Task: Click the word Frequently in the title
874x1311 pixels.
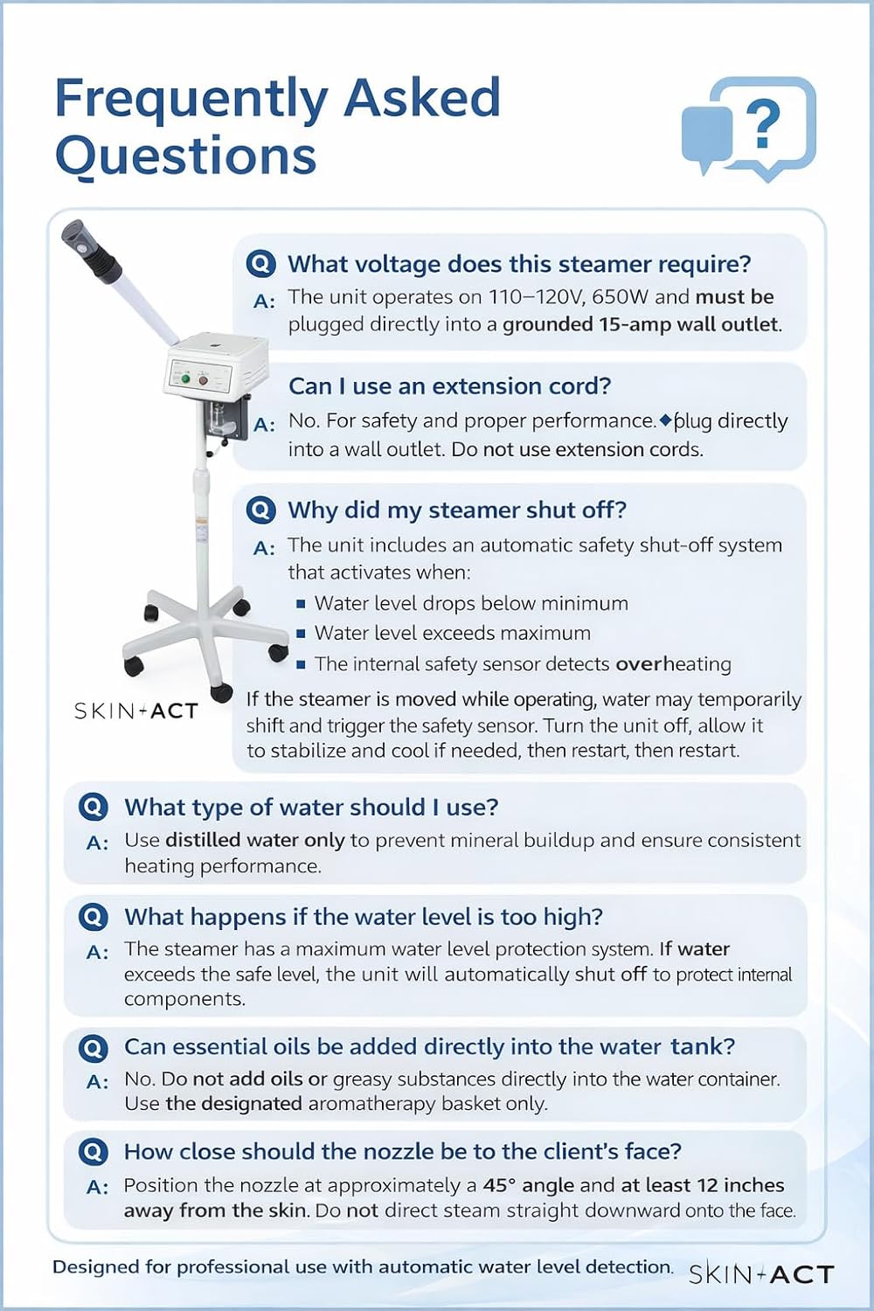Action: (x=191, y=98)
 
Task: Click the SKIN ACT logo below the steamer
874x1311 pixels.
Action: (x=136, y=711)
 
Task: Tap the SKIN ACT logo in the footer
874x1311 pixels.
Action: (x=761, y=1274)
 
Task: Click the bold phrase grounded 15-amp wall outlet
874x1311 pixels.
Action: (x=641, y=324)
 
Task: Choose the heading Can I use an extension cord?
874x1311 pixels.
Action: (x=449, y=386)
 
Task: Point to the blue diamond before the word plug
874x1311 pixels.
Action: (x=665, y=420)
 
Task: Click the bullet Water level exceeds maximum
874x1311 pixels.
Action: (x=452, y=633)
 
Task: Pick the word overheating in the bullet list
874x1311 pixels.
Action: (x=673, y=664)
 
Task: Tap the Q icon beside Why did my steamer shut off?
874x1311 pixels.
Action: (x=260, y=510)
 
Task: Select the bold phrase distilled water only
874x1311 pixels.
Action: (x=255, y=840)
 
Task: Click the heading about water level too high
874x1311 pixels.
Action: (x=364, y=917)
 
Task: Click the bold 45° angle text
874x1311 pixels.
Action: (x=528, y=1185)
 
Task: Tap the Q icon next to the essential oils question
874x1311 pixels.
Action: (x=93, y=1047)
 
